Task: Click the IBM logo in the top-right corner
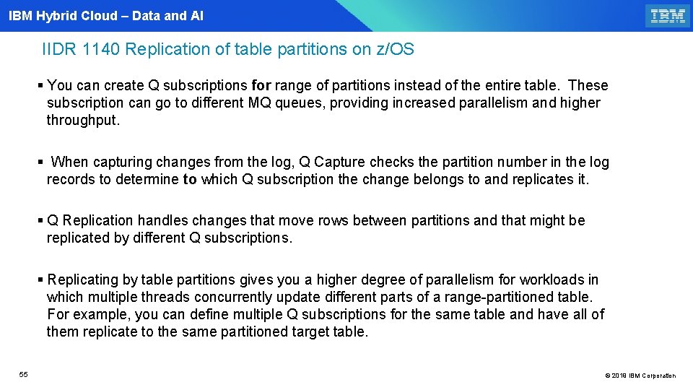[x=667, y=15]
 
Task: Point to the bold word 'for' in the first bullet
[x=261, y=85]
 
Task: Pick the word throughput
[x=83, y=120]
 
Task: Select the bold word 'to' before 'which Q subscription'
[x=190, y=179]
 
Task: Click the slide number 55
[x=24, y=374]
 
